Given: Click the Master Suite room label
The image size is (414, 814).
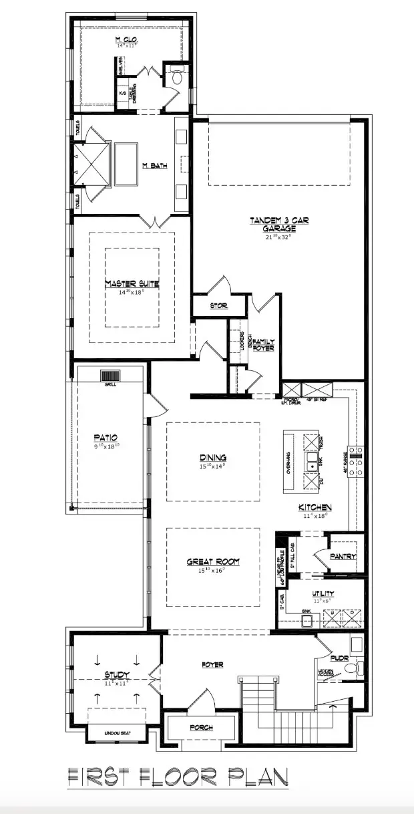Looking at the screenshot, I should point(132,283).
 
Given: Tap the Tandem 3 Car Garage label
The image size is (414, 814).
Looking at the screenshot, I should point(279,225).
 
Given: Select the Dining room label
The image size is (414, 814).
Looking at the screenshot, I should point(212,458).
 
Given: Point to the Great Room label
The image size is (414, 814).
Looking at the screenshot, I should point(212,561).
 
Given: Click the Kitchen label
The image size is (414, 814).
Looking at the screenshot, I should point(315,507).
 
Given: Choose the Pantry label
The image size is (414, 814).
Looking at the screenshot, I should point(343,556).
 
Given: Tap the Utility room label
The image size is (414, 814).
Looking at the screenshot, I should point(323,593).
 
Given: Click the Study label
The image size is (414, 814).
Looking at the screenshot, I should point(116,675).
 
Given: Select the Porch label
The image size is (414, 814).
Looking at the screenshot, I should point(200,728).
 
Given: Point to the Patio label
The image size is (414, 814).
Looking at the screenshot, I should point(106,438).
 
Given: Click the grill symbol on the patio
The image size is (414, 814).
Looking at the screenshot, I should point(109,376).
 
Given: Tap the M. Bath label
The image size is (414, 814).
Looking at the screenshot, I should point(155,166).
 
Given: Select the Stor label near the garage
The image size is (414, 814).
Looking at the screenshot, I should point(218,305).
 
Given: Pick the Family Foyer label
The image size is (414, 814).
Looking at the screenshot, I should point(263,345).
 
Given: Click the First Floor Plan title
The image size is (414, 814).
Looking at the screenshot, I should point(178,777).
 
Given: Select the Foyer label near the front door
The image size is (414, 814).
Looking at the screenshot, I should point(212,664).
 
